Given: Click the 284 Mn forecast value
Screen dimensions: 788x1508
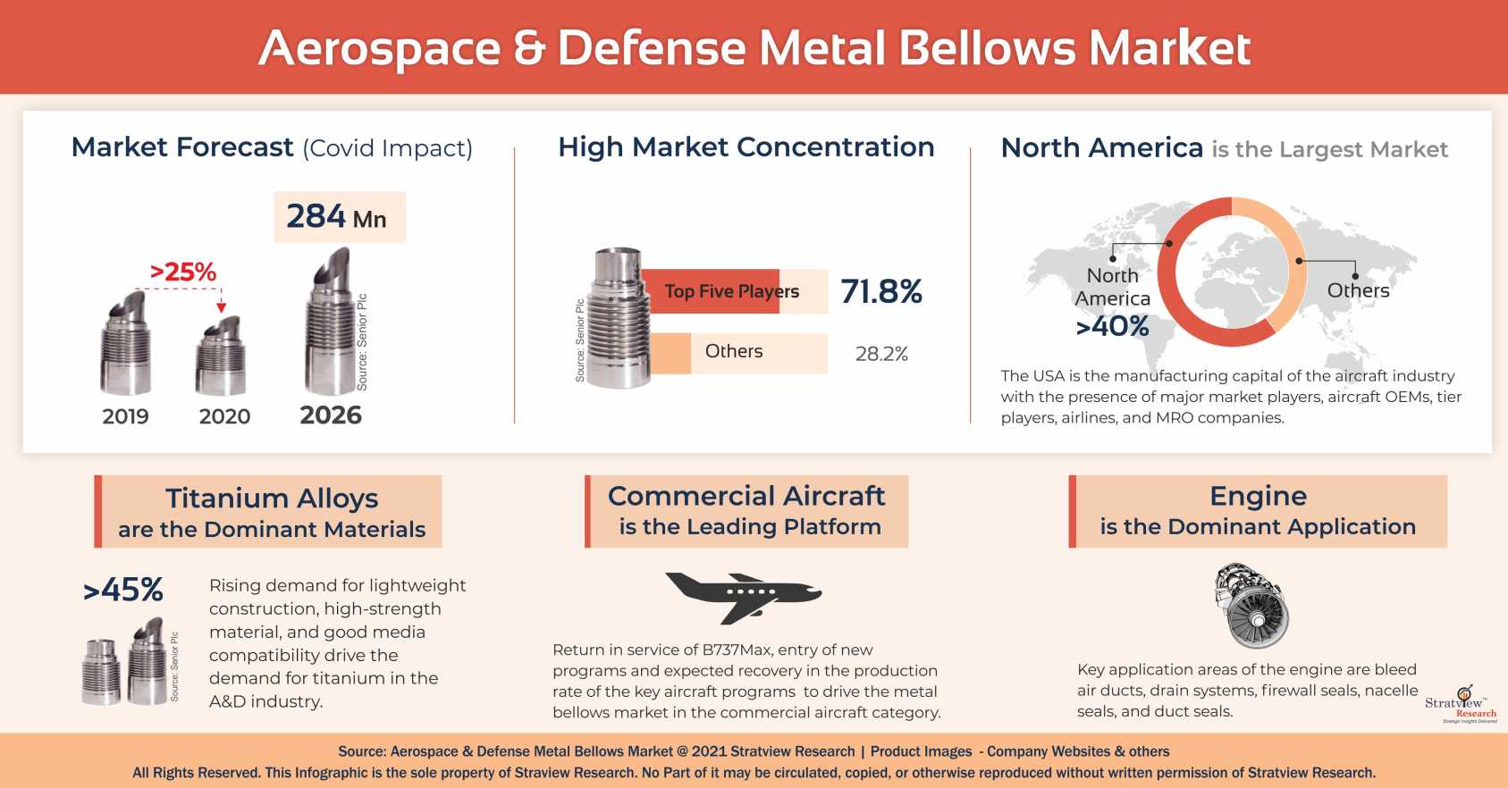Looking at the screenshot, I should pyautogui.click(x=337, y=217).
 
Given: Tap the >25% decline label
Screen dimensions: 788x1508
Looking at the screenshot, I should pyautogui.click(x=183, y=272).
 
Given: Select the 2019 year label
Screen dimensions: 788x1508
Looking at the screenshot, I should pyautogui.click(x=125, y=416).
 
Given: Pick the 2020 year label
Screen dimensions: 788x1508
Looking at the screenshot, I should pyautogui.click(x=224, y=416).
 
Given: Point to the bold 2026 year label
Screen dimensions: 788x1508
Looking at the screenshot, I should pyautogui.click(x=331, y=415).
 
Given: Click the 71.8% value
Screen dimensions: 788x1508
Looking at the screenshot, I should pyautogui.click(x=881, y=291).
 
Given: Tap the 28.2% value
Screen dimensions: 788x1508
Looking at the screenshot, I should pyautogui.click(x=881, y=354).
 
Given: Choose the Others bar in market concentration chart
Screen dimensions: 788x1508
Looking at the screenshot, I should pyautogui.click(x=735, y=352).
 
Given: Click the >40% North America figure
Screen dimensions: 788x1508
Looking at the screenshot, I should pyautogui.click(x=1113, y=326).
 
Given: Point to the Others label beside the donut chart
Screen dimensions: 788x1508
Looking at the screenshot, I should pyautogui.click(x=1358, y=290).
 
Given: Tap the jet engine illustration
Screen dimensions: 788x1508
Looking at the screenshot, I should pyautogui.click(x=1251, y=606).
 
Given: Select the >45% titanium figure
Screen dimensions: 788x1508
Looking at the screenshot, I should pyautogui.click(x=123, y=590).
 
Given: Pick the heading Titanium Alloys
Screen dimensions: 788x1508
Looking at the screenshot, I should pyautogui.click(x=272, y=498).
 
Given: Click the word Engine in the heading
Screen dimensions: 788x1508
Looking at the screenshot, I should pyautogui.click(x=1258, y=496).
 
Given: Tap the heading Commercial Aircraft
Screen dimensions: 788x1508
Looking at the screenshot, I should pyautogui.click(x=746, y=496).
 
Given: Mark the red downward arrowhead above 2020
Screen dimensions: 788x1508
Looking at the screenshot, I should pyautogui.click(x=222, y=307).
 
